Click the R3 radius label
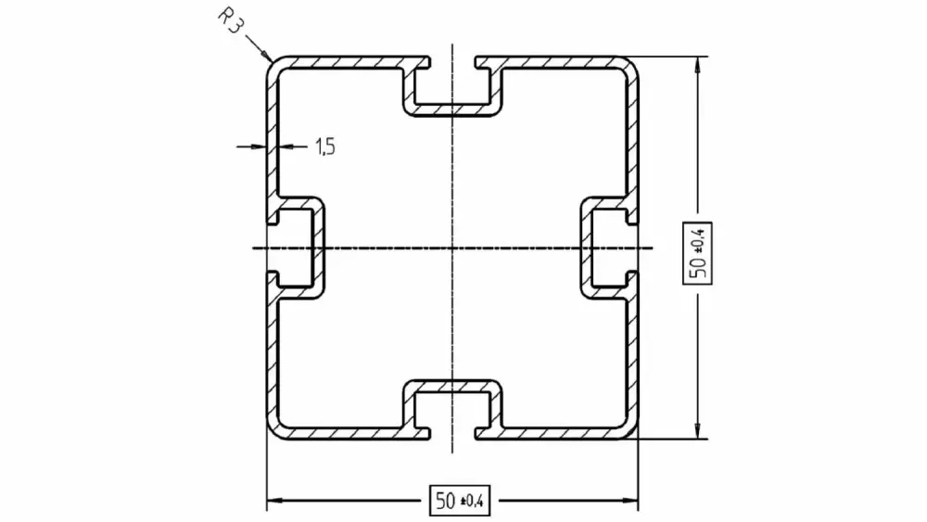coord(230,21)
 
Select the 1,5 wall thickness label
coord(325,146)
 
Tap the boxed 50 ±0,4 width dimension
coord(460,501)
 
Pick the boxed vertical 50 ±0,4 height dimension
coord(698,253)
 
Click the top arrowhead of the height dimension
coord(698,64)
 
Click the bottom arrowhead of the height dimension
coord(698,431)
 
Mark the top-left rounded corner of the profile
coord(273,63)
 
